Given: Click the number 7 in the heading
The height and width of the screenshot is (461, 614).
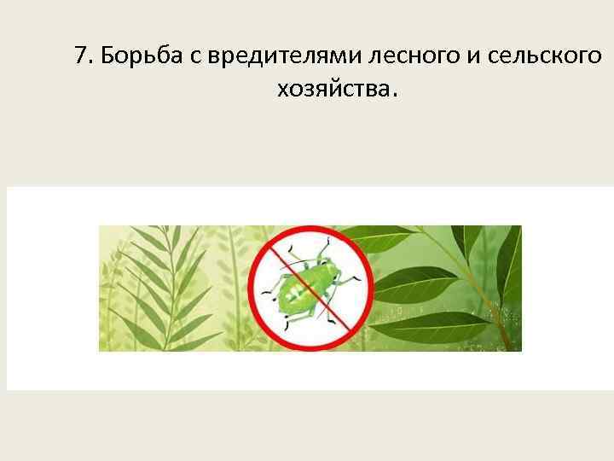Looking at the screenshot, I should point(81,56).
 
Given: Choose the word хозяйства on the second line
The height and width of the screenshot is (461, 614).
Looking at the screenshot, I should point(330,88).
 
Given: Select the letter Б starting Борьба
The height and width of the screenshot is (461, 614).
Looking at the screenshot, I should point(107,56).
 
